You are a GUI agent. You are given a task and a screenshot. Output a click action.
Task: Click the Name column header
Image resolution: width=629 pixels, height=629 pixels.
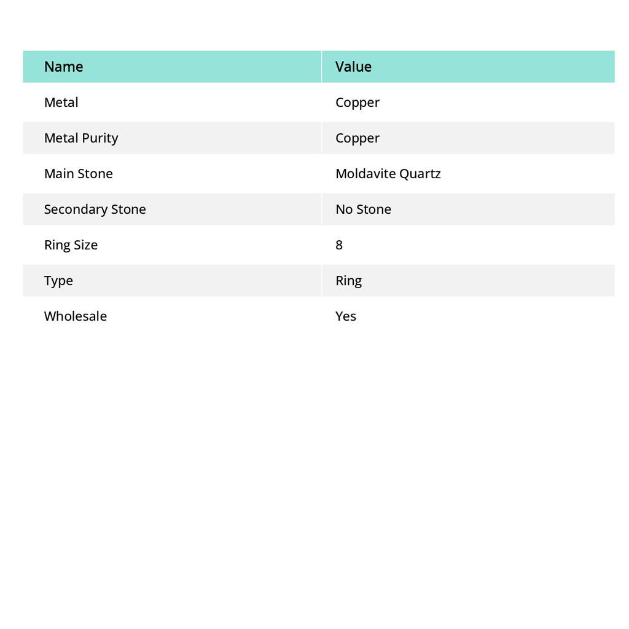pos(63,66)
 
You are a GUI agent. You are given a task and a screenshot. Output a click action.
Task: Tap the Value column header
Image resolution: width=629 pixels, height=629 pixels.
pos(353,66)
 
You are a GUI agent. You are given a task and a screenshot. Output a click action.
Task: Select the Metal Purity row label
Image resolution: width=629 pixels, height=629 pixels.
pos(81,138)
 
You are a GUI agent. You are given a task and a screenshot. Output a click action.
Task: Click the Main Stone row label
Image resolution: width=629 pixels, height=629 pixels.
pos(78,174)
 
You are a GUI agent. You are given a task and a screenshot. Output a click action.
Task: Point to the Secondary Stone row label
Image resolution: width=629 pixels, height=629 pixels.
pos(95,209)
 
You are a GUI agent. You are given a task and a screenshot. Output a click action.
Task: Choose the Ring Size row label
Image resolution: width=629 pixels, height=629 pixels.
pos(71,245)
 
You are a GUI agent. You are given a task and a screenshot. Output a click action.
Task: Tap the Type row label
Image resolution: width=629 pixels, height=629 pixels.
pos(58,281)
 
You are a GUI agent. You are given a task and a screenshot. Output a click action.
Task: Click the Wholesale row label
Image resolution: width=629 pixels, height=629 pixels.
pos(75,316)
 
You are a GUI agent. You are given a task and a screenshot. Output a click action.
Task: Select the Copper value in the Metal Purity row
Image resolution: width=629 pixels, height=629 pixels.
pos(357,138)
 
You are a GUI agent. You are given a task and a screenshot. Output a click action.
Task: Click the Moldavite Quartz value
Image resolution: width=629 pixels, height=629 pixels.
pos(388,174)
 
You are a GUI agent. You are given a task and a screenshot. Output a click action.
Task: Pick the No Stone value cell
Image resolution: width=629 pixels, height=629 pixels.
pos(363,209)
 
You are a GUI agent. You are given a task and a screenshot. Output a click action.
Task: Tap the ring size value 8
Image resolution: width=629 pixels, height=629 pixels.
pos(339,245)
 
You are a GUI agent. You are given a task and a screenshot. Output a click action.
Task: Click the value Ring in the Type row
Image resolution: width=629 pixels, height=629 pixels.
pos(348,281)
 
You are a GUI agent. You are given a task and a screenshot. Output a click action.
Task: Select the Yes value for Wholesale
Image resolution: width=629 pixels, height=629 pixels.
pos(346,316)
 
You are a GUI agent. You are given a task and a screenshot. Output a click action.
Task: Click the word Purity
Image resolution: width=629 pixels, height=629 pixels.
pos(100,138)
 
